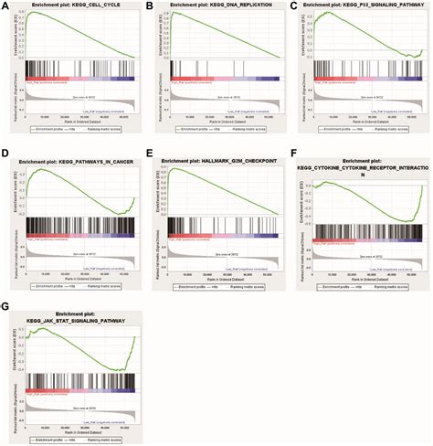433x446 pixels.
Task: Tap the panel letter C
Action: pos(292,6)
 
